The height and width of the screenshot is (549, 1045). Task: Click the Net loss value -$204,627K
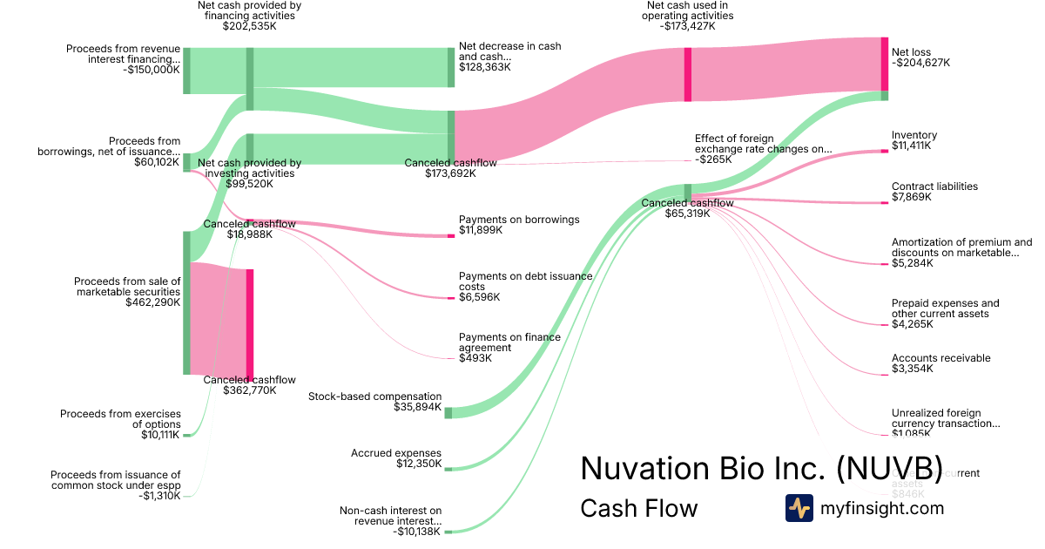pyautogui.click(x=920, y=63)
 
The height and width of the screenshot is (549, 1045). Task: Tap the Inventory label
pyautogui.click(x=914, y=135)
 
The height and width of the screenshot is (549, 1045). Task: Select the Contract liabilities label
pyautogui.click(x=934, y=186)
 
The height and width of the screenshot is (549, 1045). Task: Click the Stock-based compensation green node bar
pyautogui.click(x=448, y=412)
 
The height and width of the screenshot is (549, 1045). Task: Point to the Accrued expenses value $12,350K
pyautogui.click(x=419, y=464)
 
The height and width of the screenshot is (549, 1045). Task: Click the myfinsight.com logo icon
pyautogui.click(x=799, y=508)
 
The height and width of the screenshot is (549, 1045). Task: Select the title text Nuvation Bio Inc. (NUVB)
pyautogui.click(x=761, y=468)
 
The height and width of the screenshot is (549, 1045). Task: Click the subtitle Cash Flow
pyautogui.click(x=638, y=508)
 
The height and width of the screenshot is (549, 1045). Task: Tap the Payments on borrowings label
pyautogui.click(x=519, y=220)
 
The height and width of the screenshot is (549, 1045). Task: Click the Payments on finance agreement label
pyautogui.click(x=509, y=342)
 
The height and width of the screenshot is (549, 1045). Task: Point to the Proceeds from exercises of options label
pyautogui.click(x=120, y=419)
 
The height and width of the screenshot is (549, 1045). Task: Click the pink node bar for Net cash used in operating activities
pyautogui.click(x=688, y=74)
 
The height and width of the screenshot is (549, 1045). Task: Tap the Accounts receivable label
pyautogui.click(x=940, y=358)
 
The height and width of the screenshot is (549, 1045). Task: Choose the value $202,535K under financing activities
pyautogui.click(x=250, y=26)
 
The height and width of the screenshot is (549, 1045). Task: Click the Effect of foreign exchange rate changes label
pyautogui.click(x=763, y=144)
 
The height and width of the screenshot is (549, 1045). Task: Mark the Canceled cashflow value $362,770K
pyautogui.click(x=249, y=390)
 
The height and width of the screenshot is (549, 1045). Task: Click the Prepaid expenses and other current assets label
pyautogui.click(x=945, y=308)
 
